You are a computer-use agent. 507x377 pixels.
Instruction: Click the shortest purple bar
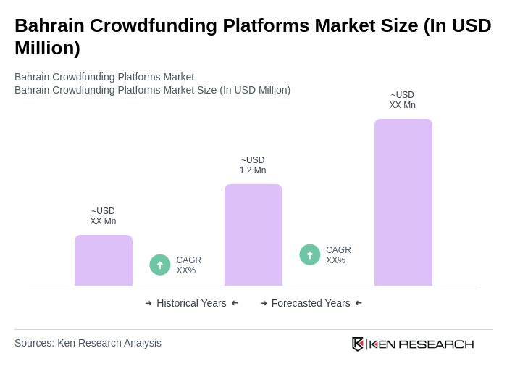pos(104,260)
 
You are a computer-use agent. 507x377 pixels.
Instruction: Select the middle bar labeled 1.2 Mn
pos(253,235)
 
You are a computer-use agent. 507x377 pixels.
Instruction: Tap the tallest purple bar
pos(403,202)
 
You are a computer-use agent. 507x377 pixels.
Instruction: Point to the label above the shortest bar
pos(103,216)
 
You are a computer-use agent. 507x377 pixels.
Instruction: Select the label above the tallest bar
pos(403,100)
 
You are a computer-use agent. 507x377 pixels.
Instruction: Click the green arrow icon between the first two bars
pos(160,265)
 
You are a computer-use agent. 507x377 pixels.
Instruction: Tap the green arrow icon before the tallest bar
pos(310,254)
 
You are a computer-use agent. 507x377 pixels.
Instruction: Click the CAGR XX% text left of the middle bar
pos(188,265)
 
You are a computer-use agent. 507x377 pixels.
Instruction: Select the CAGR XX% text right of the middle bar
pos(338,255)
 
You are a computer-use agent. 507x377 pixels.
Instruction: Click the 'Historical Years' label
pos(191,303)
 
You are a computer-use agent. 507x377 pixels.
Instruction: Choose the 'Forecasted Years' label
pos(311,303)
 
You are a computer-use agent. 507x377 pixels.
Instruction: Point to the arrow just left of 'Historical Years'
pos(148,303)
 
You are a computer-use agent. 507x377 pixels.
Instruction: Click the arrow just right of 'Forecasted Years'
pos(359,303)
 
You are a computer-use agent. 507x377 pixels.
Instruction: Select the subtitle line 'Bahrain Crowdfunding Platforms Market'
pos(104,77)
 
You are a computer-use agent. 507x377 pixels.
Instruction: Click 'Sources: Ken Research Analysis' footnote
pos(88,343)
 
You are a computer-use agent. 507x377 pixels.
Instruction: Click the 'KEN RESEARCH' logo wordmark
pos(422,344)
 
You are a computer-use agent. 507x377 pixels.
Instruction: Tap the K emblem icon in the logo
pos(358,344)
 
